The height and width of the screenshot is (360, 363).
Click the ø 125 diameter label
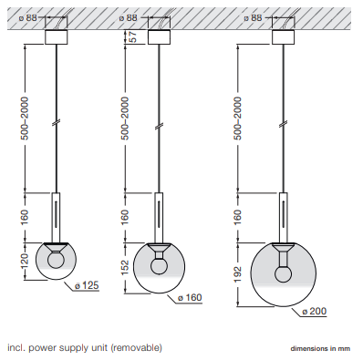pos(87,285)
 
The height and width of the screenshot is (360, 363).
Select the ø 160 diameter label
pos(190,297)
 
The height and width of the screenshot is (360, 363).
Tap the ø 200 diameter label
pos(315,311)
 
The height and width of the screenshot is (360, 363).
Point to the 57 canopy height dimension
pos(132,36)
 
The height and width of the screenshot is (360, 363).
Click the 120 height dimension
pos(24,261)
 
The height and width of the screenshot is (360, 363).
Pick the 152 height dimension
pos(125,268)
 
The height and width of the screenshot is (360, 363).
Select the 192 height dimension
pos(237,274)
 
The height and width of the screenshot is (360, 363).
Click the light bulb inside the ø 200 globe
pos(283,273)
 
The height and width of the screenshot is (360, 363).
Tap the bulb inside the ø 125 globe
pos(56,261)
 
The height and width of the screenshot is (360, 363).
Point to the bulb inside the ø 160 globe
pos(159,266)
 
